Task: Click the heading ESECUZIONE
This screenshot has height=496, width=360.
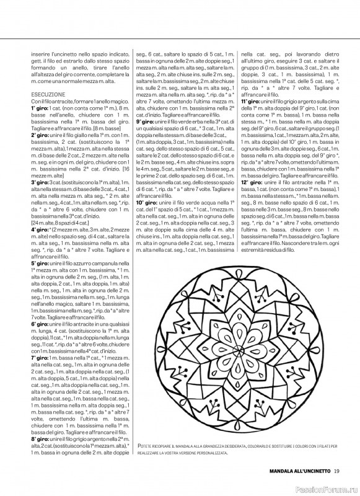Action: [x=45, y=93]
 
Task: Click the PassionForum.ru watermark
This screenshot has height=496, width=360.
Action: [x=327, y=488]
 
